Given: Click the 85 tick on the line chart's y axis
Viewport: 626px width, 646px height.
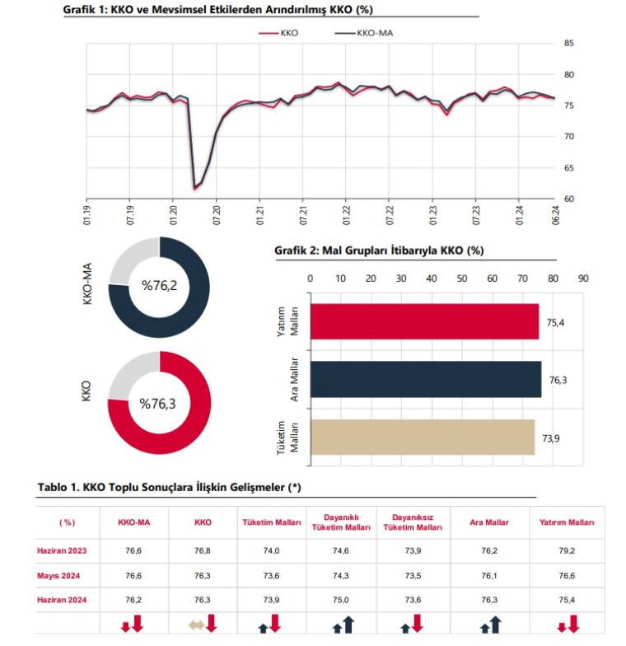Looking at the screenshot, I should (569, 43).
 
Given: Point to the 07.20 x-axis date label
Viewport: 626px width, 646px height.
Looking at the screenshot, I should (216, 211).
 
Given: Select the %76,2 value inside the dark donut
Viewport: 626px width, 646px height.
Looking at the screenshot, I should (159, 286).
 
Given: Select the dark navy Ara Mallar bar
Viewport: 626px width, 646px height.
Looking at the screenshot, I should (425, 379).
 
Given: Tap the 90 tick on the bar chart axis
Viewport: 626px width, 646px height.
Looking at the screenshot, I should (584, 279).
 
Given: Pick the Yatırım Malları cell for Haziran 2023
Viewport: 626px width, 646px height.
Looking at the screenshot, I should (566, 550).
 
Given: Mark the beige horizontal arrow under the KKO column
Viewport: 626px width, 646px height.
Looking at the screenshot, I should (196, 626).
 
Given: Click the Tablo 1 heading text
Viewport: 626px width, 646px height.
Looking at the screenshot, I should (169, 487).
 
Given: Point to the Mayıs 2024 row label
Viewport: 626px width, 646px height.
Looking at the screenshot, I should (60, 576).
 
